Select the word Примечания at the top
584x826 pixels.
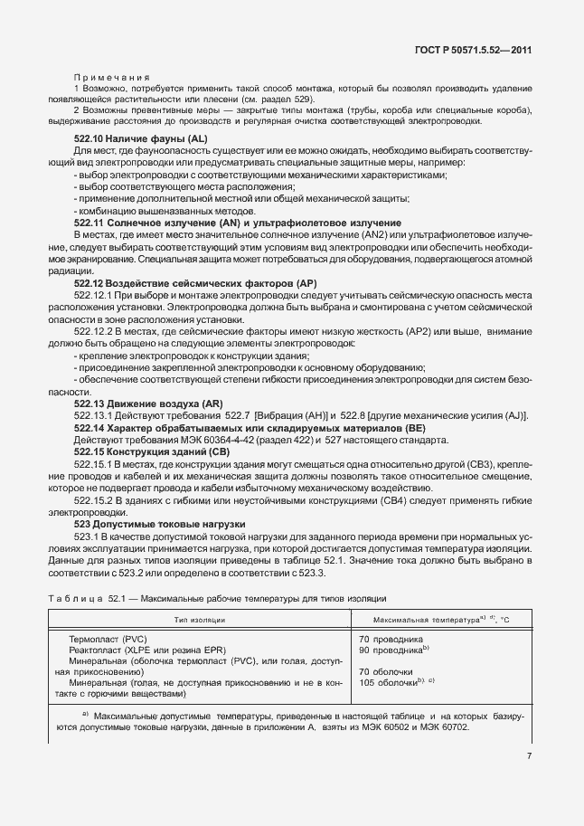(x=113, y=78)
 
